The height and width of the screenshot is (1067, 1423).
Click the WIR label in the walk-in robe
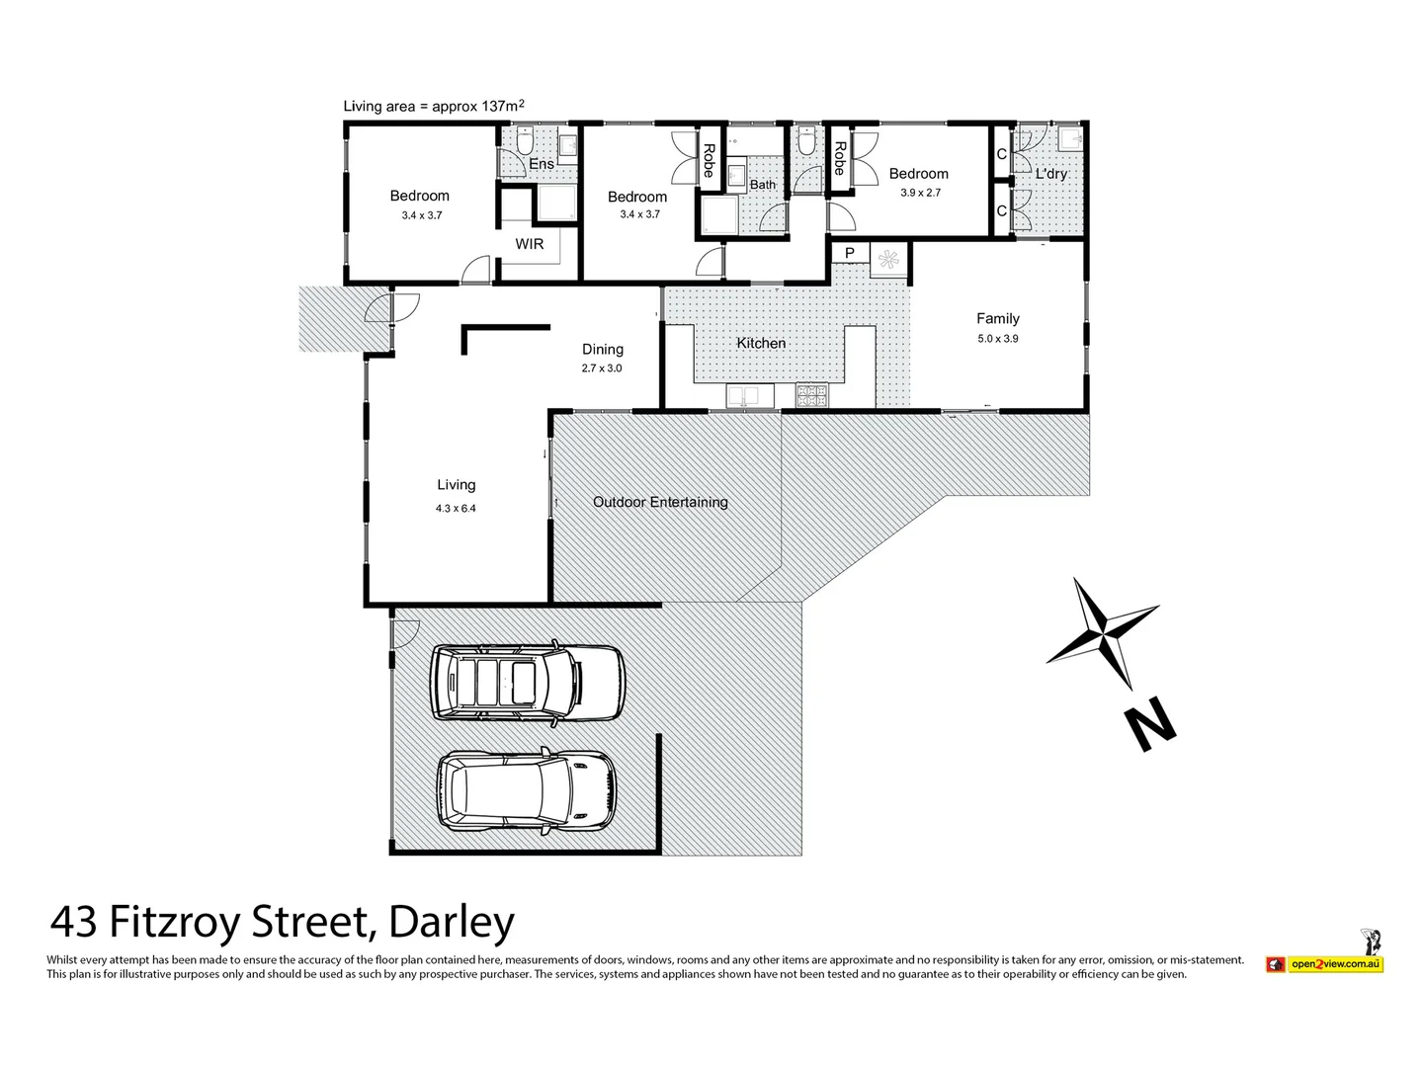(530, 244)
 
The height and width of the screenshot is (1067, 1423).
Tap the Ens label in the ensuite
(542, 164)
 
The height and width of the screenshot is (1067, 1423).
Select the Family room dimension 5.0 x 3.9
(997, 339)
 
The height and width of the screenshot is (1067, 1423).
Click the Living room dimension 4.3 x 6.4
(456, 509)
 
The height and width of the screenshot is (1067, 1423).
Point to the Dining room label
(602, 349)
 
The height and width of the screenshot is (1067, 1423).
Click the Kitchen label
(761, 343)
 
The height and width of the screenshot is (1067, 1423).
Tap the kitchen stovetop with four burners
(811, 396)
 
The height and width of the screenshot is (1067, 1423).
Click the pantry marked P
(849, 254)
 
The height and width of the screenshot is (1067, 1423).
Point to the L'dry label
(1050, 174)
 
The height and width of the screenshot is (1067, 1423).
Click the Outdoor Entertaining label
(660, 502)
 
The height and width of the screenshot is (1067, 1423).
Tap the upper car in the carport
(528, 683)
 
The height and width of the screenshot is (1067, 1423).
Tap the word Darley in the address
(452, 923)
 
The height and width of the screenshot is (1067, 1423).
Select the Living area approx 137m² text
(433, 106)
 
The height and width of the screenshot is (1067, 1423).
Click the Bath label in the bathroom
(763, 185)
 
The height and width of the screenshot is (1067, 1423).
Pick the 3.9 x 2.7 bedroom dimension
(920, 193)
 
